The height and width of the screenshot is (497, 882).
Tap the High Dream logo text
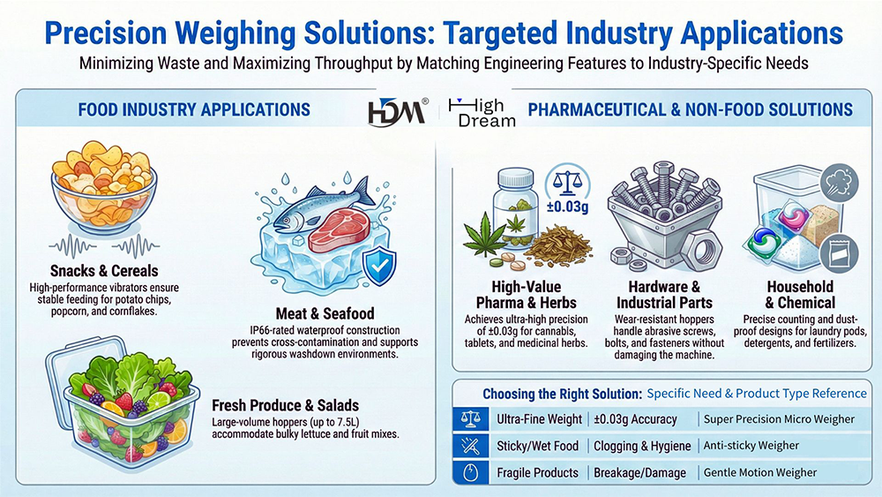coord(482,112)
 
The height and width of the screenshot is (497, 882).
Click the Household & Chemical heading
coord(800,295)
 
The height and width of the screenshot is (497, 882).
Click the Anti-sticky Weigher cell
coord(751,446)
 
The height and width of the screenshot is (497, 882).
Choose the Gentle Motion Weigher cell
coord(760,472)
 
